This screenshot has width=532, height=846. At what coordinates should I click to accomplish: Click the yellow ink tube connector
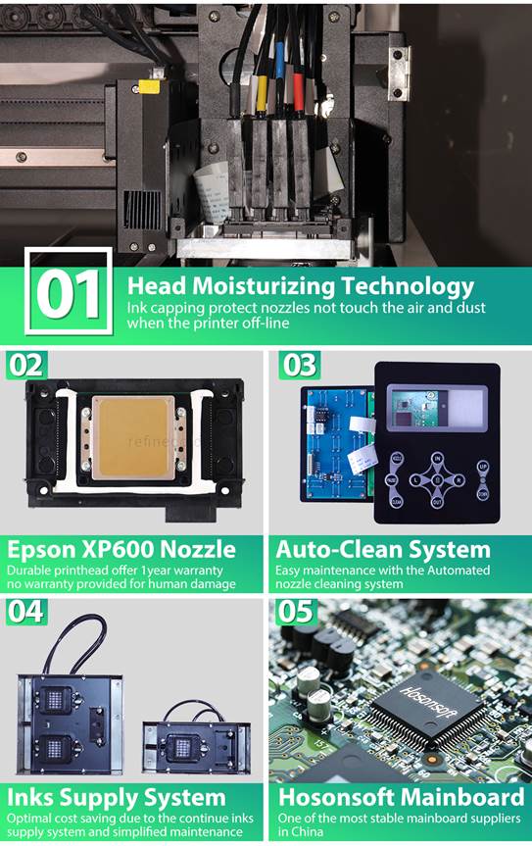pyautogui.click(x=262, y=93)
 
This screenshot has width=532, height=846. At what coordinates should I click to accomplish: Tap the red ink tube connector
pyautogui.click(x=298, y=92)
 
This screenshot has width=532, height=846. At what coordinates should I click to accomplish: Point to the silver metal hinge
pyautogui.click(x=400, y=74)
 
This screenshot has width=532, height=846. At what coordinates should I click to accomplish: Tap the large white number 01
pyautogui.click(x=69, y=294)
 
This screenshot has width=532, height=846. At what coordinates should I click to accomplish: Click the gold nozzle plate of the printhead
pyautogui.click(x=133, y=437)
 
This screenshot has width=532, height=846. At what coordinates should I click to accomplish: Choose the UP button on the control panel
pyautogui.click(x=483, y=467)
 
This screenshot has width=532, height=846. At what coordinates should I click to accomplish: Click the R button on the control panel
pyautogui.click(x=459, y=479)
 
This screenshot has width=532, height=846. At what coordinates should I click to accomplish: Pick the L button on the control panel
pyautogui.click(x=415, y=479)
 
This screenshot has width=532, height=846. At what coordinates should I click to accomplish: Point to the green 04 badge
pyautogui.click(x=26, y=613)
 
